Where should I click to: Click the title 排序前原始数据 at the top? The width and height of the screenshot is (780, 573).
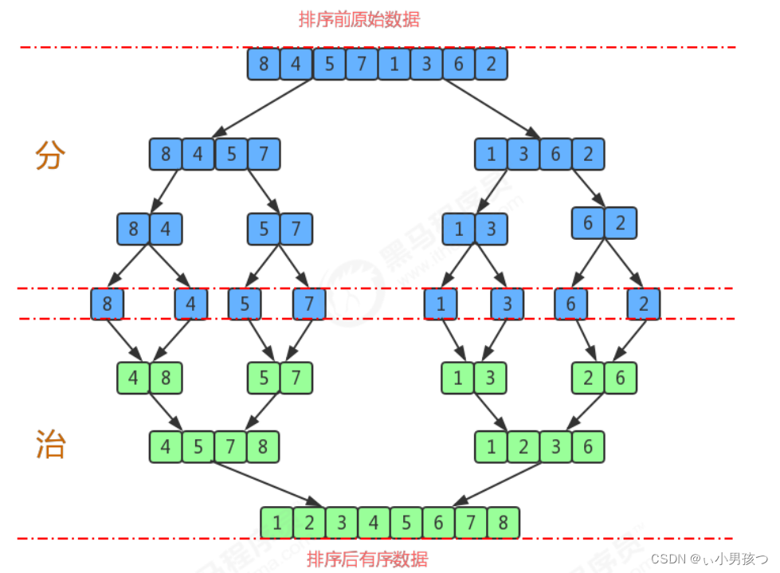pos(359,19)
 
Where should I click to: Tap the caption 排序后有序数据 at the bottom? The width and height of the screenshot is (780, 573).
pos(367,559)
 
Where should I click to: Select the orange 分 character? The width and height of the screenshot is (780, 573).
pos(49,156)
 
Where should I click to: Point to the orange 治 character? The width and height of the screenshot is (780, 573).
pos(49,444)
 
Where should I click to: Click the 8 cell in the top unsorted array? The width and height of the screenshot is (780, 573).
pos(264,65)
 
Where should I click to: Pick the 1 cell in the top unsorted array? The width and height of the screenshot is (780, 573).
pos(394,65)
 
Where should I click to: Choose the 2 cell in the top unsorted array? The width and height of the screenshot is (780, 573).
pos(492,65)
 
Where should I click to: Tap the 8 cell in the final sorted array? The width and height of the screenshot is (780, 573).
pos(503,524)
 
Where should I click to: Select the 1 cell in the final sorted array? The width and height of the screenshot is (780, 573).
pos(276,524)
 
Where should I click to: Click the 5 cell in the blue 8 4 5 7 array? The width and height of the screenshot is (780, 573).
pos(231,154)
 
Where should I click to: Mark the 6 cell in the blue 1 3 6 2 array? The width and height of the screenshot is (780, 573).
pos(555,154)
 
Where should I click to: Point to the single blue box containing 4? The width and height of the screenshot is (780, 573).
pos(191,304)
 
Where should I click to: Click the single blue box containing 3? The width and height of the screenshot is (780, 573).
pos(508,304)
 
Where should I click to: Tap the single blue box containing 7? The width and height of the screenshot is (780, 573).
pos(309,304)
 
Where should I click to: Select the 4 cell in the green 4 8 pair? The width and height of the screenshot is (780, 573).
pos(133,378)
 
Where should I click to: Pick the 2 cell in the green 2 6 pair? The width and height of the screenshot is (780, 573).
pos(588,378)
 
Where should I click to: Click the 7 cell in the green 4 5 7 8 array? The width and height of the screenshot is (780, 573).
pos(230,447)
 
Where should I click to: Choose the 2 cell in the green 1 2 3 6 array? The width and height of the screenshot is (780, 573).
pos(523,447)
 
